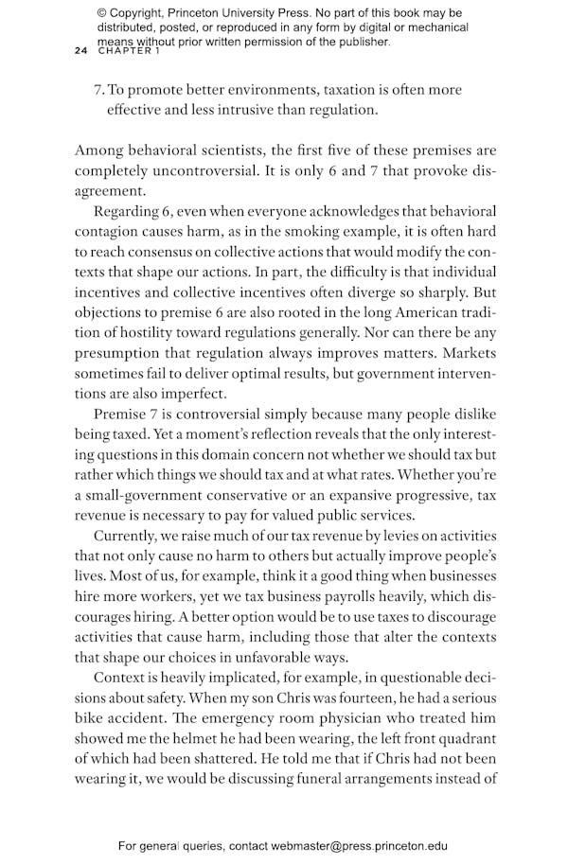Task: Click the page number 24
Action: [x=80, y=52]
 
